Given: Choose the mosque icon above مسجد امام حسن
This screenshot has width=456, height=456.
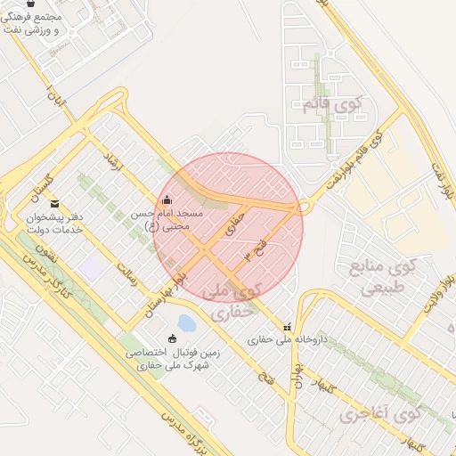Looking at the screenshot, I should click(x=168, y=199).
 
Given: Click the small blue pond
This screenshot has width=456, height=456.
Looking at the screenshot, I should click(x=187, y=322).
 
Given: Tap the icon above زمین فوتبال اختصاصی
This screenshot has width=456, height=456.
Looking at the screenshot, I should click(x=172, y=338).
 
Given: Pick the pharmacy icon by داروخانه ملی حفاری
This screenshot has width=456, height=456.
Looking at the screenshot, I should click(x=287, y=326).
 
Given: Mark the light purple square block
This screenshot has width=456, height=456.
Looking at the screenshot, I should click(x=89, y=266).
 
